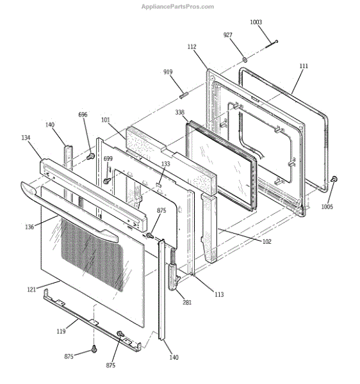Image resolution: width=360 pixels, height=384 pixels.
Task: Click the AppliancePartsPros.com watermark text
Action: (x=177, y=6)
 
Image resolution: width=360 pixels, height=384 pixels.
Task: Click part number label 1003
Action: (x=256, y=22)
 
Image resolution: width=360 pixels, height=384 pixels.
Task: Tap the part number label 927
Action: (x=227, y=35)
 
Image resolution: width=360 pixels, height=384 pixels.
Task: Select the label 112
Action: (x=192, y=47)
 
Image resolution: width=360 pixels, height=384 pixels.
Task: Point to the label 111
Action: (x=304, y=66)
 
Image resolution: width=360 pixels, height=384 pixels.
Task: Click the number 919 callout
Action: (x=168, y=72)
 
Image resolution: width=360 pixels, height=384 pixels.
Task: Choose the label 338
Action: (x=179, y=112)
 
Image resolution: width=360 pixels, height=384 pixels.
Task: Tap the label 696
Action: (x=83, y=115)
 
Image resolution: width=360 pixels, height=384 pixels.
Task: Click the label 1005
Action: (x=327, y=207)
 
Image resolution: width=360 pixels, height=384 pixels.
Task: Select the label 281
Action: (x=187, y=303)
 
